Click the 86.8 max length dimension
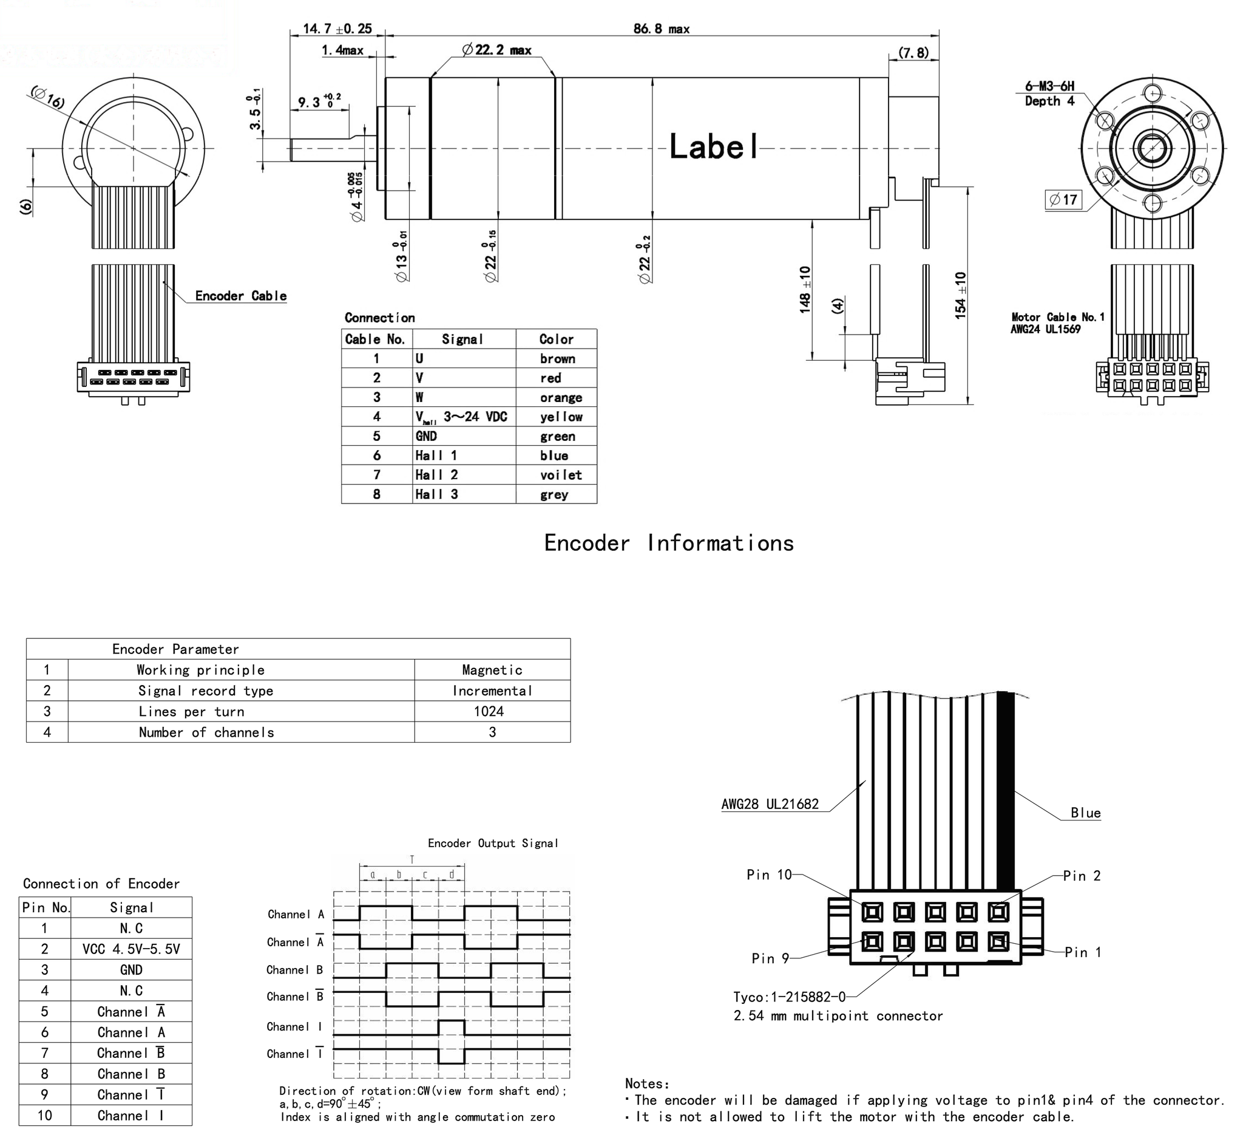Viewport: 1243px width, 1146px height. (660, 29)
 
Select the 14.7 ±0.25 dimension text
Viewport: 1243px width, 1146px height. (337, 29)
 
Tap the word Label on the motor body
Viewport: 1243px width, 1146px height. (713, 147)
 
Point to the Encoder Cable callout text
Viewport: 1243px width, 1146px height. (240, 296)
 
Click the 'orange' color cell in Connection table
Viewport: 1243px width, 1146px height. (561, 398)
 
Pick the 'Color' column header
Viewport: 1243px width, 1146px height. (556, 339)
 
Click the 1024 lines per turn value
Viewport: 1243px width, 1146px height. (489, 711)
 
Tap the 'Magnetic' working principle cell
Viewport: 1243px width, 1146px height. (492, 670)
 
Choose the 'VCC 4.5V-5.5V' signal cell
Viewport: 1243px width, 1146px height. (130, 949)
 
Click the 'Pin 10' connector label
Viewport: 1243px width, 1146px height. (769, 875)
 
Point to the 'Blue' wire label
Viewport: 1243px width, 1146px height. (1085, 813)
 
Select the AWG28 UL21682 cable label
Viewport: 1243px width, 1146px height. (770, 804)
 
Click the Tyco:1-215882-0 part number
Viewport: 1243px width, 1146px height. (789, 997)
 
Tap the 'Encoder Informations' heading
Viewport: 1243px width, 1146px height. (669, 543)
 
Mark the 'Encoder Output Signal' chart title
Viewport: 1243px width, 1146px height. (493, 844)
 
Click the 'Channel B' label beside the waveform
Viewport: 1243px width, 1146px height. (295, 970)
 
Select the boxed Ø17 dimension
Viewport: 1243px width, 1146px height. (1063, 200)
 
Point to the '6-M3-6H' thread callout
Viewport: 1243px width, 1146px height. (1049, 86)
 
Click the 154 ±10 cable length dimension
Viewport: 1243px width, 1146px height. (960, 295)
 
